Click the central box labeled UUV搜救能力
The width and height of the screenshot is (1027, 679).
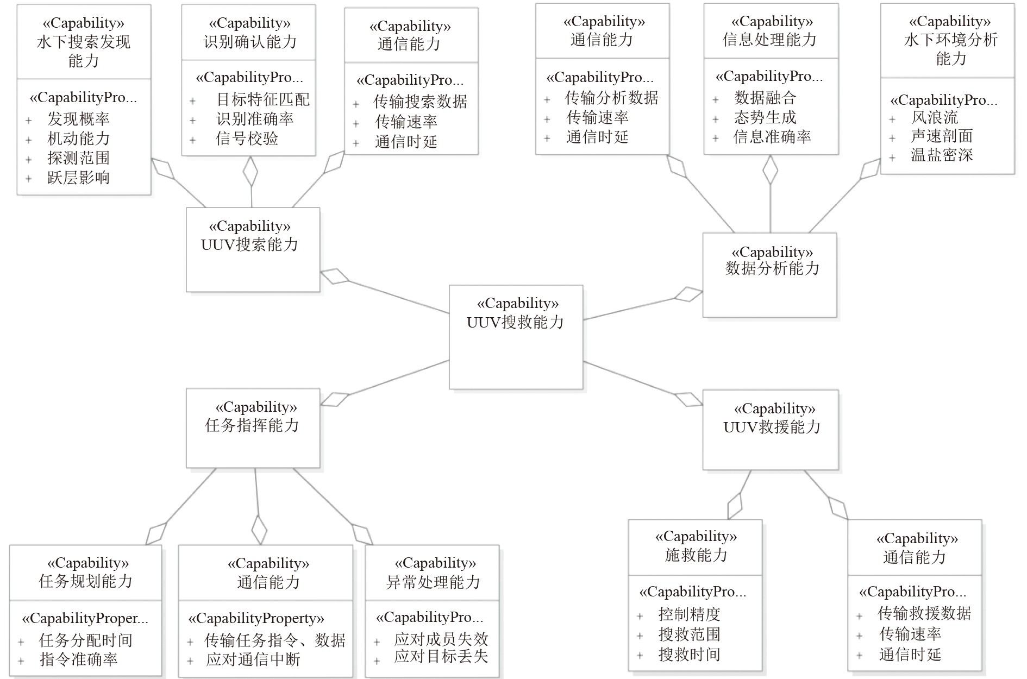(516, 337)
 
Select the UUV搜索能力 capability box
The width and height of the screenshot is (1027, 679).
(253, 249)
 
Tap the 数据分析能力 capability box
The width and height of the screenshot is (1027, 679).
(769, 275)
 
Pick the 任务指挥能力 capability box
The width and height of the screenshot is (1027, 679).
(253, 427)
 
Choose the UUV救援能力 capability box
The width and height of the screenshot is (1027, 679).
(771, 429)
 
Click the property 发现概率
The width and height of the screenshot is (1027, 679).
(78, 119)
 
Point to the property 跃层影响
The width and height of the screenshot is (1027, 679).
(78, 178)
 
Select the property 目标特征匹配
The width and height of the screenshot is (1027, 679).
(263, 99)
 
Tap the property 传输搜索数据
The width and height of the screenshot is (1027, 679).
(420, 102)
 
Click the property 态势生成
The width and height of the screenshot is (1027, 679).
(765, 117)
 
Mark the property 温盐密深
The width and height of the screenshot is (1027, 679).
(942, 155)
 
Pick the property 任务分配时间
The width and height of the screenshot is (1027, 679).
(86, 640)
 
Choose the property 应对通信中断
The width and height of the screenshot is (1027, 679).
(253, 659)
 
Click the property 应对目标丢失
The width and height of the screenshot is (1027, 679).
(441, 656)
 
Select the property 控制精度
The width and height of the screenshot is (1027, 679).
(689, 614)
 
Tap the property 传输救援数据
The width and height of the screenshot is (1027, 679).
(924, 613)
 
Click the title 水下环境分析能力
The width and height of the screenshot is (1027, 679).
(950, 48)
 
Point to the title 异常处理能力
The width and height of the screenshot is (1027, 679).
(433, 582)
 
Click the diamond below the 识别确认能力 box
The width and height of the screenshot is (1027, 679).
(251, 172)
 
